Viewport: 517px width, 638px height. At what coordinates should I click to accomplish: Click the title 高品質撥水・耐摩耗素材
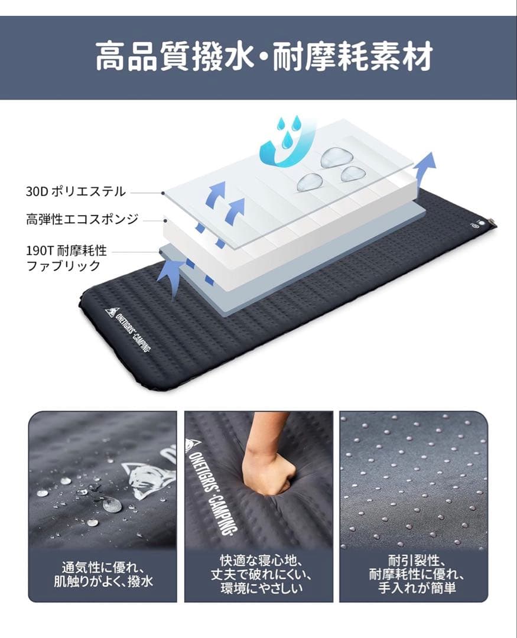click(x=264, y=57)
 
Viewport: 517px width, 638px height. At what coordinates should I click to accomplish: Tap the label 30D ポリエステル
click(x=76, y=191)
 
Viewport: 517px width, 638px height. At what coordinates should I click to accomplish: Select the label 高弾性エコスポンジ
click(x=82, y=220)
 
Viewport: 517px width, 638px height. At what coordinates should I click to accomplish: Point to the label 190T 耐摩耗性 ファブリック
click(x=66, y=258)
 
